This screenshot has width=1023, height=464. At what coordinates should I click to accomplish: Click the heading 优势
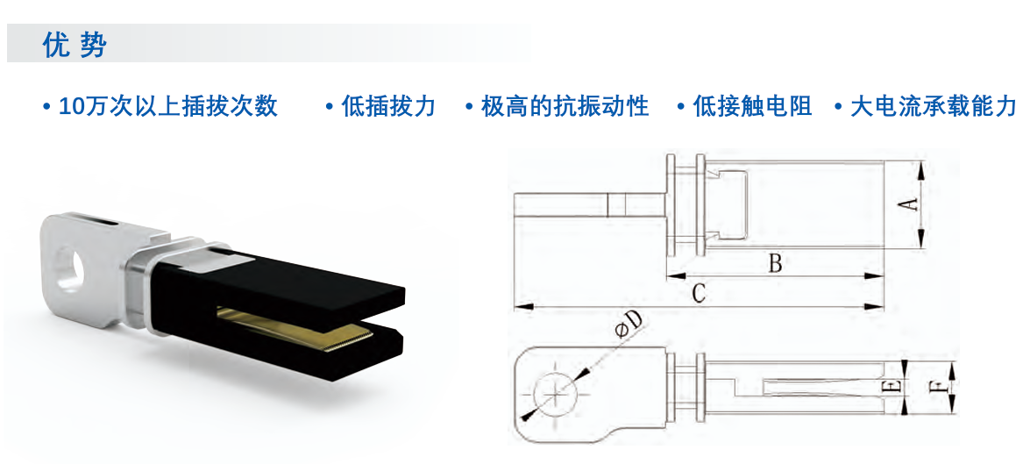tap(74, 45)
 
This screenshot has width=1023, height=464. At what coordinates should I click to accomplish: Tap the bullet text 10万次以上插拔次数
tap(168, 106)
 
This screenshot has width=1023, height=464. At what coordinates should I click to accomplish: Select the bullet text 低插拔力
tap(388, 106)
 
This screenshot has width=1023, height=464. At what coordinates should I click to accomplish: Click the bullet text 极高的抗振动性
tap(565, 106)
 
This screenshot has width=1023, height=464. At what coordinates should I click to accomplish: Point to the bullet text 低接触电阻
tap(752, 106)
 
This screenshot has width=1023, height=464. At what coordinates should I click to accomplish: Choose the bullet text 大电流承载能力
tap(934, 106)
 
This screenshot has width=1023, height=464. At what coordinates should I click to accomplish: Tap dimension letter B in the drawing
tap(774, 264)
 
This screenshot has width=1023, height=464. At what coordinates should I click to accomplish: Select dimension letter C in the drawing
tap(698, 295)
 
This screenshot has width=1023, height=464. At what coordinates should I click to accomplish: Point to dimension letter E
tap(894, 386)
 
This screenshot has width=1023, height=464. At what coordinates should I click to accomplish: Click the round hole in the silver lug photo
tap(70, 267)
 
